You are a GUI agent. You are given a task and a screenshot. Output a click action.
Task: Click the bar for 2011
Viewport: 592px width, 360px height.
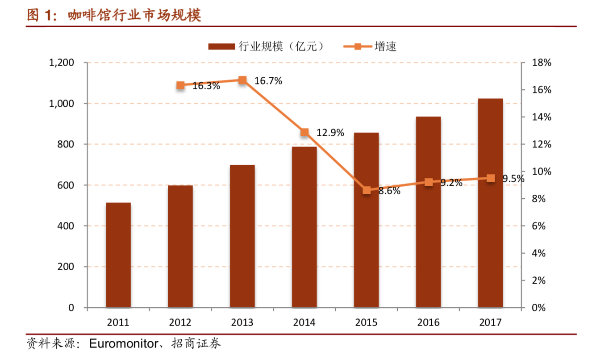click(118, 255)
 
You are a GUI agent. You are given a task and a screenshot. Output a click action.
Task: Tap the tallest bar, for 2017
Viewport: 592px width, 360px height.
click(490, 203)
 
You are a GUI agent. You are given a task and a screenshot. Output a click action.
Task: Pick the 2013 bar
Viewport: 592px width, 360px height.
click(242, 236)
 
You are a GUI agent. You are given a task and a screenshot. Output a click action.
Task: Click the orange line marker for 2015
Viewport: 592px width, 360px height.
click(367, 190)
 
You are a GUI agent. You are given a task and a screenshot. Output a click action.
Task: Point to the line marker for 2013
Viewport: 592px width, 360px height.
click(242, 80)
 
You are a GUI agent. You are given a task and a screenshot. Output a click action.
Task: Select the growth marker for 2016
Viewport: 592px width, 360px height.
click(429, 182)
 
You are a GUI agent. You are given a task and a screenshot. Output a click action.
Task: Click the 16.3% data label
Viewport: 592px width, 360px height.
click(206, 86)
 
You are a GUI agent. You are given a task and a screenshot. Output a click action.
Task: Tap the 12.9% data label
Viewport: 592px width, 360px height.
click(330, 133)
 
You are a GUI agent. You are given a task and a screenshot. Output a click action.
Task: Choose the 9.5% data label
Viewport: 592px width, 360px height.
click(513, 179)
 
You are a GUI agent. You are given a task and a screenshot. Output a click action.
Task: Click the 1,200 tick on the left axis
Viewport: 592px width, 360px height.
click(61, 63)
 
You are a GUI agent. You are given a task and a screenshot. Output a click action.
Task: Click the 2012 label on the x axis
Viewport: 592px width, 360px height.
click(180, 322)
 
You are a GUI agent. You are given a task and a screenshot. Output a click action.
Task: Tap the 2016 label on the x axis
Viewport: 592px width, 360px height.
click(429, 322)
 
